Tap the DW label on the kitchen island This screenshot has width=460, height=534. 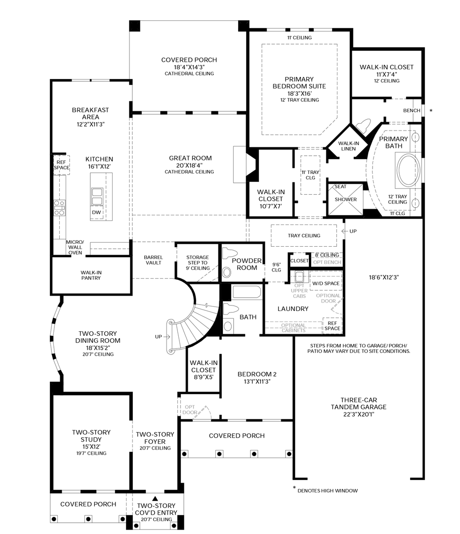click(96, 212)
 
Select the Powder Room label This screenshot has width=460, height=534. click(247, 264)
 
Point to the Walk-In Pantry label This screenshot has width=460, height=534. click(91, 275)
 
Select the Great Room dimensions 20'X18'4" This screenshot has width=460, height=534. click(189, 165)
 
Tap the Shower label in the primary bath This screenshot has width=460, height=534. click(345, 200)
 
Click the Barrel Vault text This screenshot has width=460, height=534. click(153, 260)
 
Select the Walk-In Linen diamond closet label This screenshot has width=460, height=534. click(349, 146)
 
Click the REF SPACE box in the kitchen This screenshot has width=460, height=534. click(61, 165)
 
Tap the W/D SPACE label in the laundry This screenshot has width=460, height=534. click(325, 283)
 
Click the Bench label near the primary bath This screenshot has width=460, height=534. click(412, 110)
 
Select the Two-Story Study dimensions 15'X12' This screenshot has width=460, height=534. click(91, 446)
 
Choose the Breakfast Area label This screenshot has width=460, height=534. click(90, 113)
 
